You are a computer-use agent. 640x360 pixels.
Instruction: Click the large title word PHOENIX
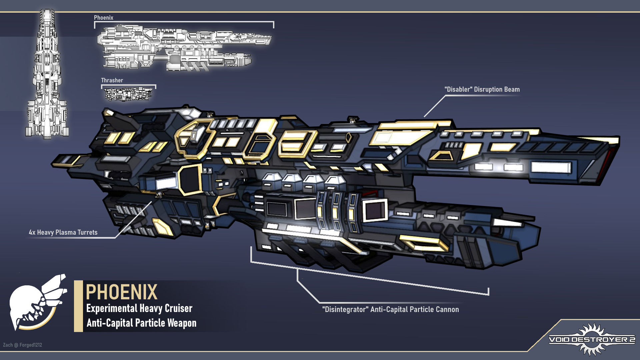point(121,292)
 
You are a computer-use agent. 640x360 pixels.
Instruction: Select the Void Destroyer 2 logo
point(592,339)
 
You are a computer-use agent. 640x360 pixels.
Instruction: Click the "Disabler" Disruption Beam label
point(482,89)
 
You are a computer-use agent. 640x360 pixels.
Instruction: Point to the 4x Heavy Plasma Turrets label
point(63,232)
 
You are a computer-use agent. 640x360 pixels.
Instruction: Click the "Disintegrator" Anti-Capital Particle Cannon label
point(390,309)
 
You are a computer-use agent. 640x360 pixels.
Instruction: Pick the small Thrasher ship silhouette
point(128,94)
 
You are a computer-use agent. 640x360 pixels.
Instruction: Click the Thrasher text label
point(112,80)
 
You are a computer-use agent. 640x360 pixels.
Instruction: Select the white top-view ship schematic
point(47,73)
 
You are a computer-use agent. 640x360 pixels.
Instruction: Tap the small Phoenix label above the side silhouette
point(103,18)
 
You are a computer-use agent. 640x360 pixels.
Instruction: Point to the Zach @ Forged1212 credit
point(22,345)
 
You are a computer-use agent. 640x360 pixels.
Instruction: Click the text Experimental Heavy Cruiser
point(139,308)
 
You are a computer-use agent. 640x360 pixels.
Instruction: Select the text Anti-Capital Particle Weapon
point(141,323)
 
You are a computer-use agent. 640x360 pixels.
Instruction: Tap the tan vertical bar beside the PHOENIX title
point(78,306)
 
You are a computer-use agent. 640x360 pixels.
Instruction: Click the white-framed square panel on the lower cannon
point(375,210)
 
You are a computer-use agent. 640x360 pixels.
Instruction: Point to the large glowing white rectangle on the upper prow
point(551,167)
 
